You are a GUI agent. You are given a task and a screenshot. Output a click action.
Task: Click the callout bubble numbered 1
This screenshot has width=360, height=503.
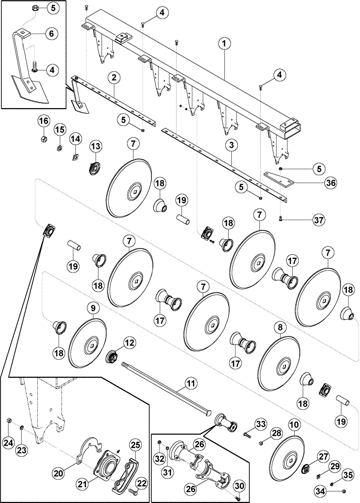(226, 44)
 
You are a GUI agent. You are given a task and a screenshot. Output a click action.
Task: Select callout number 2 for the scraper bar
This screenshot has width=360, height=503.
(115, 77)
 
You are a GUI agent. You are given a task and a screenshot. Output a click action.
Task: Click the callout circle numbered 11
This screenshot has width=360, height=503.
(190, 384)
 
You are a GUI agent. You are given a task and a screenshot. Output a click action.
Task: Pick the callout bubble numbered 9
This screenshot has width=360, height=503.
(95, 307)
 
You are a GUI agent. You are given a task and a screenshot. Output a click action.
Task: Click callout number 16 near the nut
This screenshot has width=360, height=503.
(43, 121)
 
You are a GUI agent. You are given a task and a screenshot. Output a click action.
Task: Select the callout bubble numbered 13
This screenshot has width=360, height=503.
(95, 146)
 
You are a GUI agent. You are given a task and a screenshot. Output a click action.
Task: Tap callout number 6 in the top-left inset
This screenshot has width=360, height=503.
(51, 33)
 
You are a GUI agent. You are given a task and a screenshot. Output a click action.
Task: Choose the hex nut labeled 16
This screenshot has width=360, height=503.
(43, 137)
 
